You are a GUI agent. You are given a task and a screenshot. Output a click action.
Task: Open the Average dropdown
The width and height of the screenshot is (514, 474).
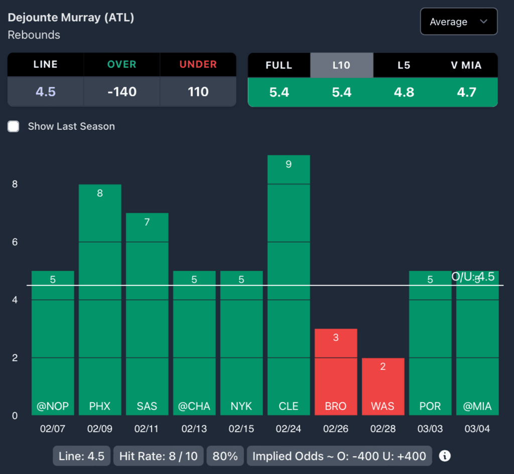pyautogui.click(x=458, y=22)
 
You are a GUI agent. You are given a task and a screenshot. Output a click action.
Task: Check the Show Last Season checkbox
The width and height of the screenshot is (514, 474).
pyautogui.click(x=14, y=126)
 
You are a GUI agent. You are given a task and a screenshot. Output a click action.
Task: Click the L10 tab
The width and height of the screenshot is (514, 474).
pyautogui.click(x=341, y=65)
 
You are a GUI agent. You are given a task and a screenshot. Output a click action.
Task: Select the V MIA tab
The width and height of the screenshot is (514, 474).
pyautogui.click(x=466, y=65)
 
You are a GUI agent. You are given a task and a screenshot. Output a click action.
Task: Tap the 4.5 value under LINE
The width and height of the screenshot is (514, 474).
pyautogui.click(x=45, y=92)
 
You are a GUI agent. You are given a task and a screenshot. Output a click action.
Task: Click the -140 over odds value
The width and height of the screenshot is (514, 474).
pyautogui.click(x=121, y=92)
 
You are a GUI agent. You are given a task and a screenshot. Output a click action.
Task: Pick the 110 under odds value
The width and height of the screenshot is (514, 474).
pyautogui.click(x=198, y=92)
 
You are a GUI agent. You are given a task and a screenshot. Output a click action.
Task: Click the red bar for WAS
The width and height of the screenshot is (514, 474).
pyautogui.click(x=383, y=386)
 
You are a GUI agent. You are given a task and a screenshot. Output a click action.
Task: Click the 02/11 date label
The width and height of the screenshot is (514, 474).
pyautogui.click(x=147, y=429)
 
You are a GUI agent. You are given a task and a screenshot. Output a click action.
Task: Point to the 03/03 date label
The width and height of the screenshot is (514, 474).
pyautogui.click(x=430, y=429)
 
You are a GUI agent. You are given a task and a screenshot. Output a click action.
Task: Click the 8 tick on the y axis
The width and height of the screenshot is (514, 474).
pyautogui.click(x=15, y=184)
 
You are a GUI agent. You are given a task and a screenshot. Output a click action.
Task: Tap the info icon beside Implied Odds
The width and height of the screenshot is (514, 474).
pyautogui.click(x=445, y=456)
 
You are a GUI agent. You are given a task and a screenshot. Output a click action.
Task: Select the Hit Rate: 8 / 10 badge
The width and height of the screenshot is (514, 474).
pyautogui.click(x=159, y=456)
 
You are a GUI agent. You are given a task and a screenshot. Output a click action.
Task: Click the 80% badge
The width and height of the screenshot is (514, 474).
pyautogui.click(x=225, y=456)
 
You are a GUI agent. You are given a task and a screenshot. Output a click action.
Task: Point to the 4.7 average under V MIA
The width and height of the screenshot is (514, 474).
pyautogui.click(x=466, y=92)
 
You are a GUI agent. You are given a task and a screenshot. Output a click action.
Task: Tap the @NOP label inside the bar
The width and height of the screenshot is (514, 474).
pyautogui.click(x=53, y=406)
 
